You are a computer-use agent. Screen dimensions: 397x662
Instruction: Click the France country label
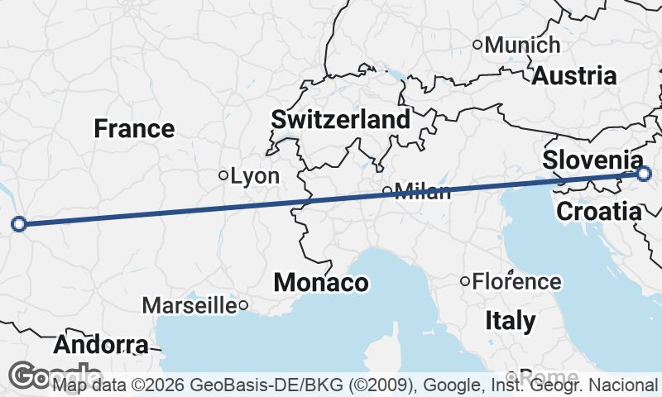pyautogui.click(x=134, y=129)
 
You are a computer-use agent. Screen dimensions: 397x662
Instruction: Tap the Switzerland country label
pyautogui.click(x=341, y=120)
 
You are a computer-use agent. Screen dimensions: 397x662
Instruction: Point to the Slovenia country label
pyautogui.click(x=592, y=160)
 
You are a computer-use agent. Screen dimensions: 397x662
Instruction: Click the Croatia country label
pyautogui.click(x=598, y=212)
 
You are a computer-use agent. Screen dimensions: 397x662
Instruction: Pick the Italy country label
pyautogui.click(x=510, y=320)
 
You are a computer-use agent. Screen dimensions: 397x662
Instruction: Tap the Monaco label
pyautogui.click(x=321, y=283)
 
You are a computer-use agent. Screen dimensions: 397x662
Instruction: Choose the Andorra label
pyautogui.click(x=103, y=344)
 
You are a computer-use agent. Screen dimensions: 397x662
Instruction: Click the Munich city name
pyautogui.click(x=522, y=45)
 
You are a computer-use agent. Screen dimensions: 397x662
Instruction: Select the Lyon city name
pyautogui.click(x=255, y=176)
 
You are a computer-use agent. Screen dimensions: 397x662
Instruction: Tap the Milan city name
pyautogui.click(x=423, y=193)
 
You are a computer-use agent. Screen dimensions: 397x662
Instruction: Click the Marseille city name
pyautogui.click(x=189, y=306)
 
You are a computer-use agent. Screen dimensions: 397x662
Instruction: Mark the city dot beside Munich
pyautogui.click(x=477, y=45)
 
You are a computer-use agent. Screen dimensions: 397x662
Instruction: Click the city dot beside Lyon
pyautogui.click(x=223, y=175)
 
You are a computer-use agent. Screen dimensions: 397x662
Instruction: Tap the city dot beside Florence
pyautogui.click(x=466, y=281)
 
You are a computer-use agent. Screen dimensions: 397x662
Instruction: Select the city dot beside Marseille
pyautogui.click(x=243, y=306)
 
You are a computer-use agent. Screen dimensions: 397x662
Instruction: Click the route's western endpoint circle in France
pyautogui.click(x=19, y=223)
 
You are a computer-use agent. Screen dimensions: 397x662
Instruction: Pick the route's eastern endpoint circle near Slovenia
pyautogui.click(x=645, y=174)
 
